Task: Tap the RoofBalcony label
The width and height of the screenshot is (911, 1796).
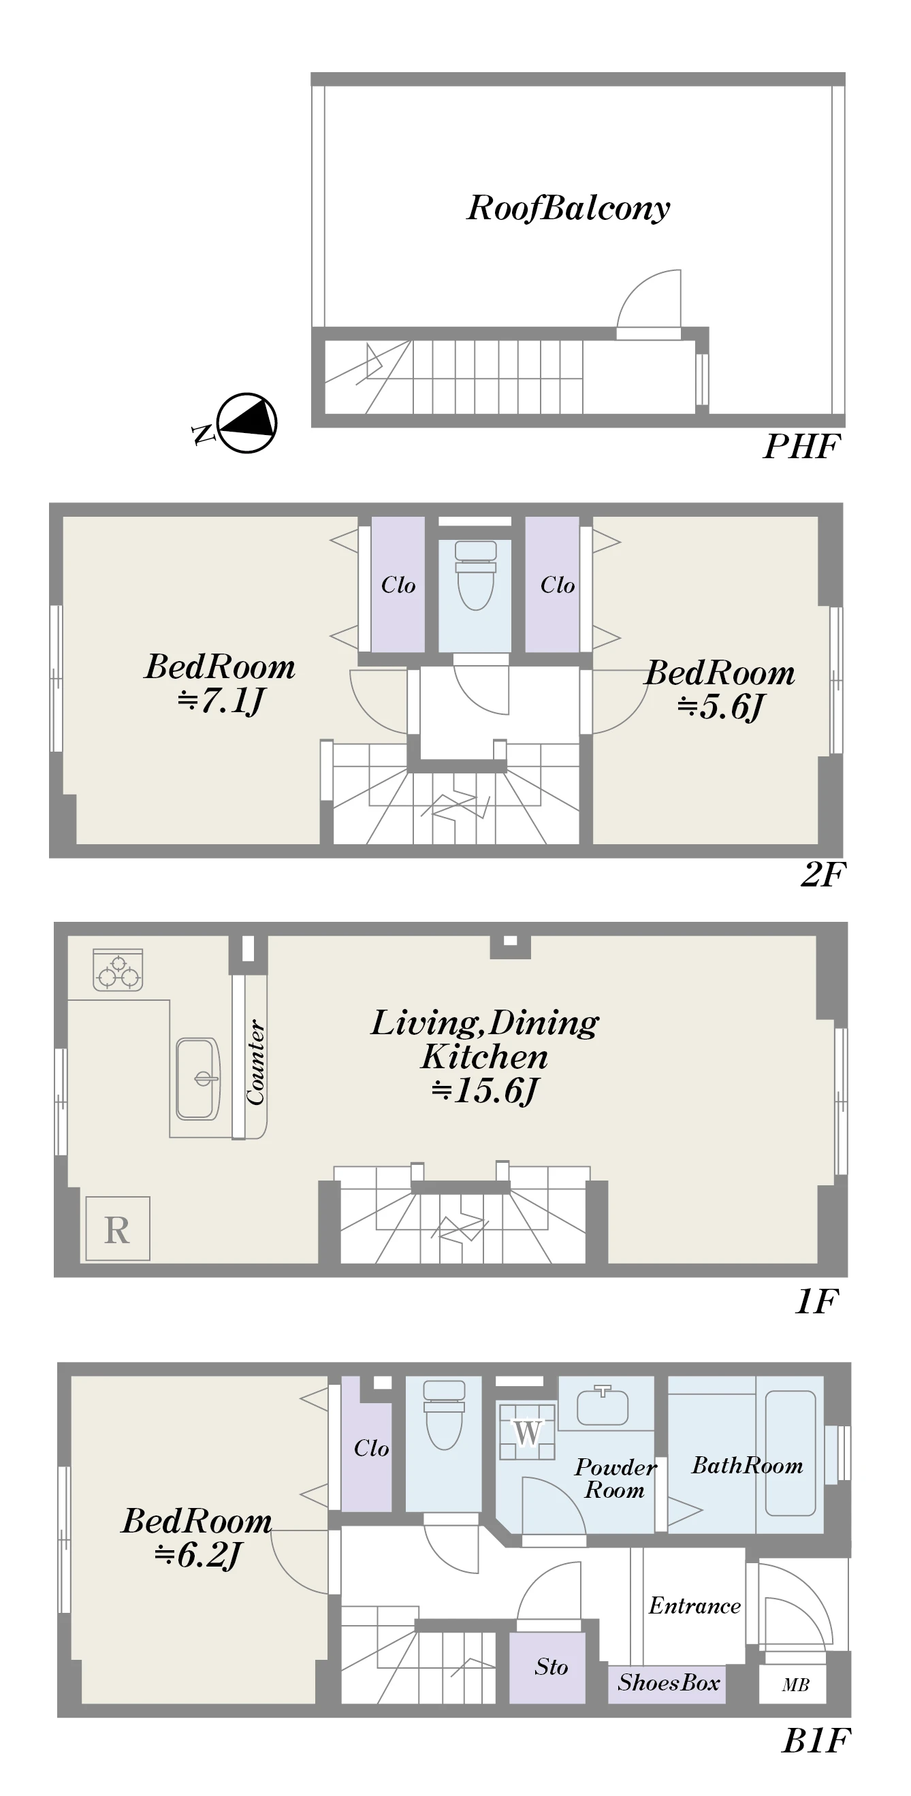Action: coord(568,208)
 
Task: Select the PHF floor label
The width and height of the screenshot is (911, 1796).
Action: coord(801,447)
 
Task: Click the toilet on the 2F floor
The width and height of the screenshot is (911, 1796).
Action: coord(475,575)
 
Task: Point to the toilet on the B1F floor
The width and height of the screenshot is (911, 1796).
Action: coord(444,1415)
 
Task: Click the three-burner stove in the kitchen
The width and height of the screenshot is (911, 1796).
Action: coord(118,969)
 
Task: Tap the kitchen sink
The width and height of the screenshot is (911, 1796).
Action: coord(198,1078)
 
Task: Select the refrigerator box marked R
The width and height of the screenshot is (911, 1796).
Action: coord(117,1228)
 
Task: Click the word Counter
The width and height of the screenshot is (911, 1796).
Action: coord(255,1063)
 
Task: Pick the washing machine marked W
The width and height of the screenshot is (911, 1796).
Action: coord(527,1432)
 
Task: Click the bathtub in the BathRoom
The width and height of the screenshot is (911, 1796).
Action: coord(790,1452)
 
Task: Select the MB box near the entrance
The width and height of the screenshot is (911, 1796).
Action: coord(793,1684)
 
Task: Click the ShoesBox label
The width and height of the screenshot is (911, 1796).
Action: coord(669,1682)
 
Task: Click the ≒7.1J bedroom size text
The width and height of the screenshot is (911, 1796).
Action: coord(220,700)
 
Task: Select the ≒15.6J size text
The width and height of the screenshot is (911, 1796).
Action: coord(484,1090)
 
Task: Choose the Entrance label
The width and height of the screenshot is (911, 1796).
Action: coord(695,1605)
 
